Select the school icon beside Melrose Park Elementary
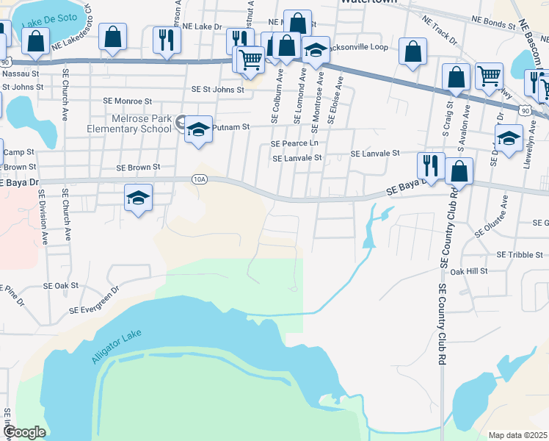(x=198, y=129)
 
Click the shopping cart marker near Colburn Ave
(x=251, y=58)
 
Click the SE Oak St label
(x=61, y=285)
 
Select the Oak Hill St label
(x=468, y=271)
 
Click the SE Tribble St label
(x=520, y=254)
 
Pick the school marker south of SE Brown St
(x=138, y=197)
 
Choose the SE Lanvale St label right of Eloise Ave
(x=374, y=154)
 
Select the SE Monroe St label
(x=127, y=101)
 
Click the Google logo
(x=24, y=432)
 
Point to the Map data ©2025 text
(x=517, y=435)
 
